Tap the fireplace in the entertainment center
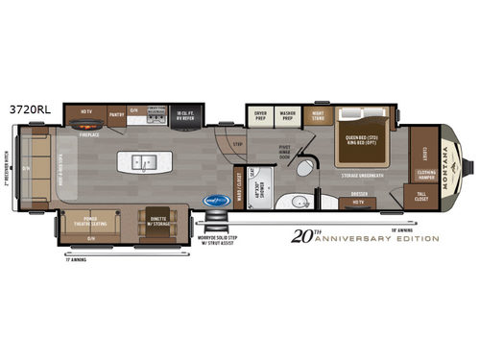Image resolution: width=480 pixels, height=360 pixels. pos(86,125)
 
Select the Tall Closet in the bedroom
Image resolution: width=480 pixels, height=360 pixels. pos(422,198)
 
